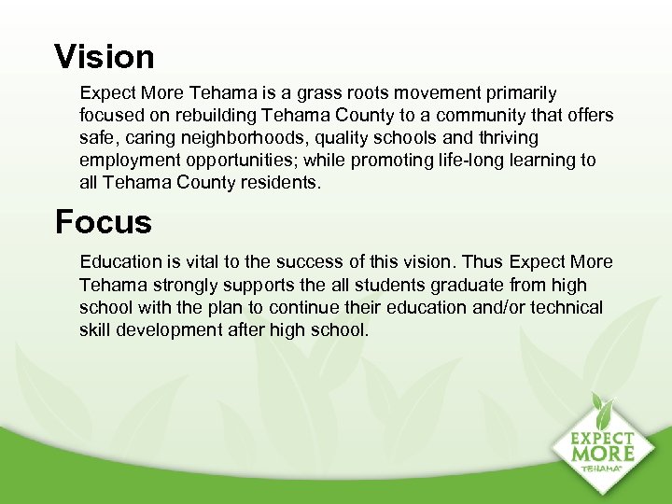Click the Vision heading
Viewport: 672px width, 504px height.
click(105, 57)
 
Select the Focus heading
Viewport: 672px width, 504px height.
click(103, 222)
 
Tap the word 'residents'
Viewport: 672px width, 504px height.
click(278, 183)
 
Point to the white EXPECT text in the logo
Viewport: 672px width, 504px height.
click(602, 437)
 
